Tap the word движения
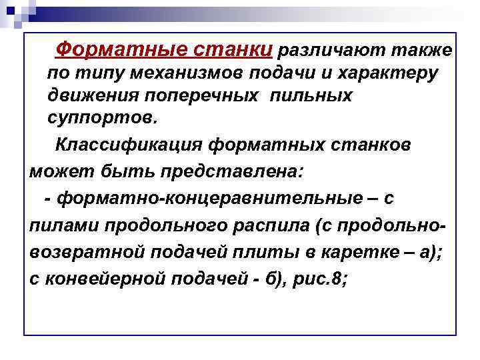coord(93,95)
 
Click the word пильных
coord(311,95)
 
